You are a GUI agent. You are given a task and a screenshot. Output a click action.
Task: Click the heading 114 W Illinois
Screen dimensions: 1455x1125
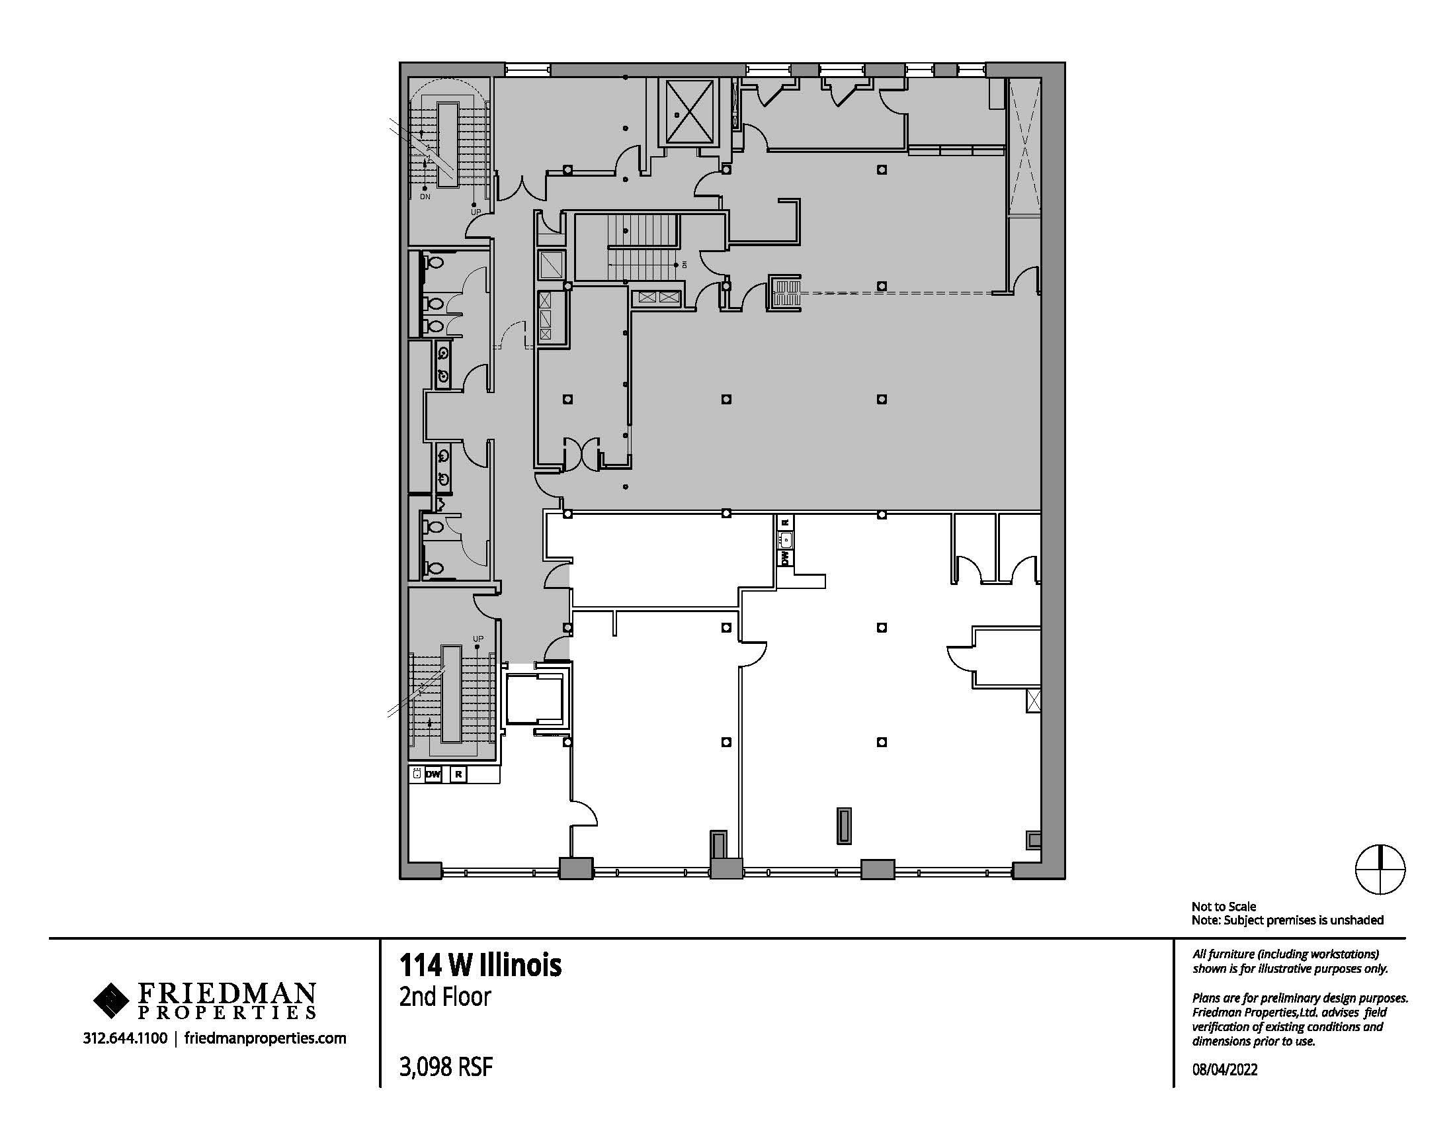point(480,965)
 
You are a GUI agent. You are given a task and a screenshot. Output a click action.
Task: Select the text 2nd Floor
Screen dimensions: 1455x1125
point(445,997)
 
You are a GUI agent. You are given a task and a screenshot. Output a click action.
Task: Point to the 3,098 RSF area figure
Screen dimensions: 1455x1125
point(446,1067)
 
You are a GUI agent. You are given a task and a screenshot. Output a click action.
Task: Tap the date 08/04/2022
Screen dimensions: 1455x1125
point(1224,1069)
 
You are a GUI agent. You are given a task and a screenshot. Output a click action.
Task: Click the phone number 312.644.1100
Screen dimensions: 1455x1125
point(125,1038)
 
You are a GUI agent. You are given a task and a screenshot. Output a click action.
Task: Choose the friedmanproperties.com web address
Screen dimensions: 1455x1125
point(265,1038)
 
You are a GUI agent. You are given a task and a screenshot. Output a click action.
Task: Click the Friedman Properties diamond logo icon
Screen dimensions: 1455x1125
point(111,1001)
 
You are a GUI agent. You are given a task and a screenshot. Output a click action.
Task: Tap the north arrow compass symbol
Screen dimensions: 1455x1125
point(1380,870)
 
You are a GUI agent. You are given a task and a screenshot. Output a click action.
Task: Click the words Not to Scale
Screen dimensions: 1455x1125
point(1224,907)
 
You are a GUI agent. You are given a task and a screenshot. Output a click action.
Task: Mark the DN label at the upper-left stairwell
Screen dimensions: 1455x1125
point(425,197)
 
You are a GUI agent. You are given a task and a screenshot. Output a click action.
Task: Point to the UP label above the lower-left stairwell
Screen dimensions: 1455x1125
point(478,639)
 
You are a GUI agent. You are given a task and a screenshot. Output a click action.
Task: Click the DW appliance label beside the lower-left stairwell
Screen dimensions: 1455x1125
point(433,774)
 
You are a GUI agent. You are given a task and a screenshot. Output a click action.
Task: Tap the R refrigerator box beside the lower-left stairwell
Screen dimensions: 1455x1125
point(458,774)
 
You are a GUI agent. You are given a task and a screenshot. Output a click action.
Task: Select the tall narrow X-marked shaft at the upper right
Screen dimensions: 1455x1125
point(1024,147)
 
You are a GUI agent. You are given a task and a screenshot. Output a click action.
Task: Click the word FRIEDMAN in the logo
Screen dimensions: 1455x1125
point(226,995)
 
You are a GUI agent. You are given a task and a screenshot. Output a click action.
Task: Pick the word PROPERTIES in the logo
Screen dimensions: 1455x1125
point(226,1013)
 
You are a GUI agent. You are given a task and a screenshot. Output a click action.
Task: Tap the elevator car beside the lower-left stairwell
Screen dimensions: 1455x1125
point(534,698)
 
